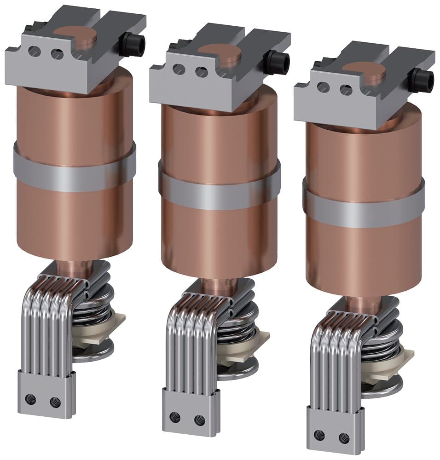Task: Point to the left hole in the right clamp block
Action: click(x=323, y=87)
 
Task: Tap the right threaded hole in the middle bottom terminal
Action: click(x=200, y=420)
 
